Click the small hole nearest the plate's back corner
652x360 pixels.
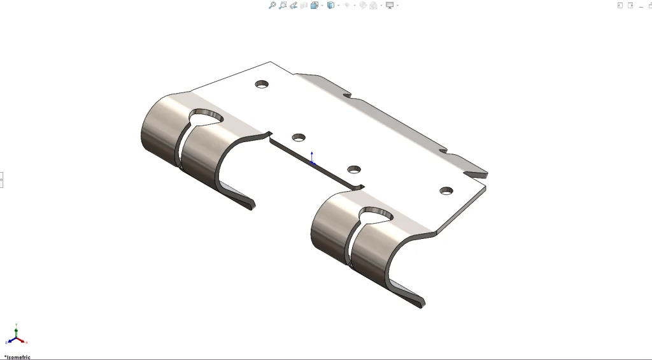point(262,84)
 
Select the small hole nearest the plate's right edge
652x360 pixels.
point(446,191)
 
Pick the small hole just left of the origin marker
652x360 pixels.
point(299,137)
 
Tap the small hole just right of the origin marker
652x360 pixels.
point(354,169)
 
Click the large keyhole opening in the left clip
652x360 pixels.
point(207,118)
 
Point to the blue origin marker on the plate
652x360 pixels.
point(312,160)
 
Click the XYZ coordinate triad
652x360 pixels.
point(15,336)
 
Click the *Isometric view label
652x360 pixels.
point(17,357)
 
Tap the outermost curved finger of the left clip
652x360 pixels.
point(158,131)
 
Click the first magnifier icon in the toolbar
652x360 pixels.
point(272,5)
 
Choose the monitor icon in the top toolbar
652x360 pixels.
point(390,5)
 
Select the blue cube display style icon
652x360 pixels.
point(330,5)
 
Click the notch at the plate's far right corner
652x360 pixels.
point(476,173)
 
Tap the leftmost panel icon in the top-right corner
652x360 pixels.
point(620,5)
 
